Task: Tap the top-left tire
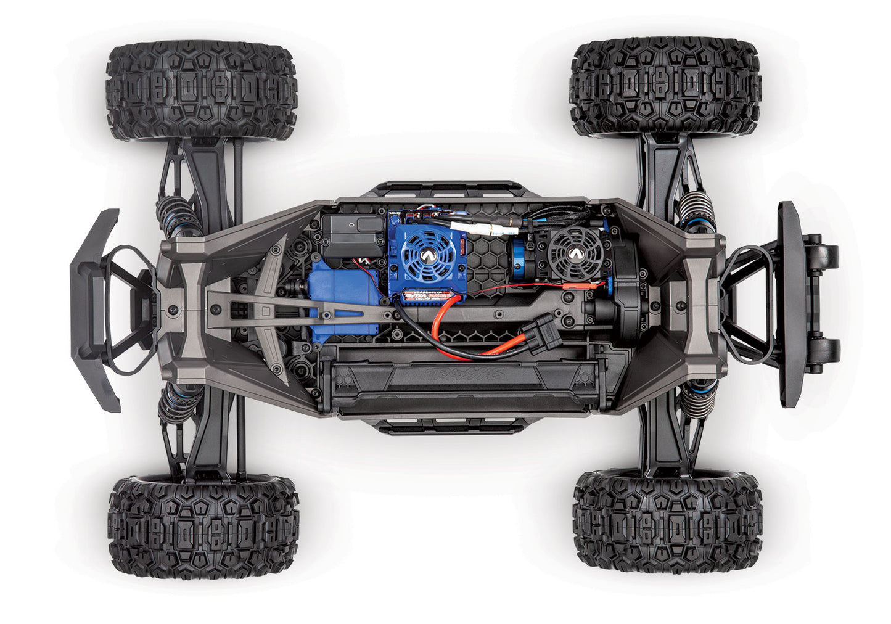pyautogui.click(x=202, y=91)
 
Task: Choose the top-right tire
pyautogui.click(x=666, y=86)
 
